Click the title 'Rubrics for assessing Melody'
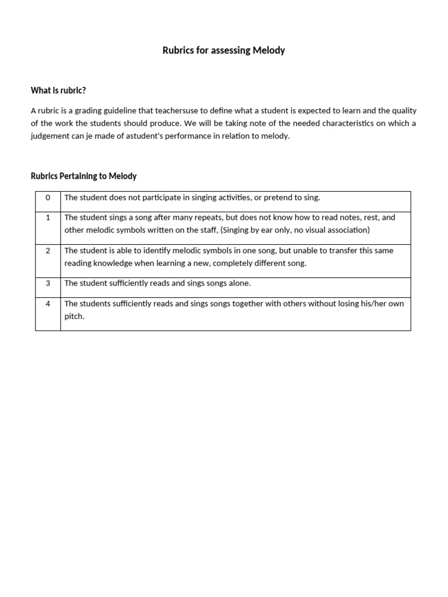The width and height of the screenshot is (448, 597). coord(223,51)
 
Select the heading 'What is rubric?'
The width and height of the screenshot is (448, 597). coord(58,90)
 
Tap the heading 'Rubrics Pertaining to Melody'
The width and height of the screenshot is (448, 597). coord(83,176)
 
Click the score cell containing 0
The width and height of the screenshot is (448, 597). coord(48,198)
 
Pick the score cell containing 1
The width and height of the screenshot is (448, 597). coord(48,217)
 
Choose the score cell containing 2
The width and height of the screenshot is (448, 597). coord(48,251)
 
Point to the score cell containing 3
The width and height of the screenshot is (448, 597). coord(48,283)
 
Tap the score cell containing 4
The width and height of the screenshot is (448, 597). coord(48,304)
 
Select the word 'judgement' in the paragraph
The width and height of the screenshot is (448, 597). coord(49,136)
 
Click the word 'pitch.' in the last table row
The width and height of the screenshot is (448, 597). coord(75,317)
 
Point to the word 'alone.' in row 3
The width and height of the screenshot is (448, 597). coord(239,283)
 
